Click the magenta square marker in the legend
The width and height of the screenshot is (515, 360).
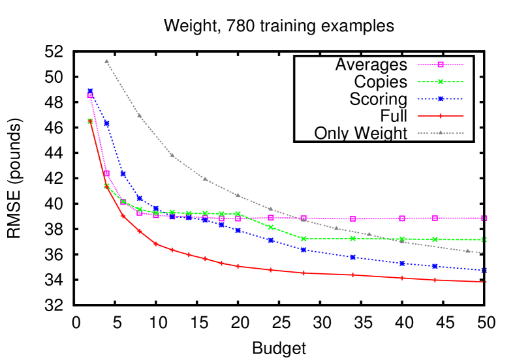441,65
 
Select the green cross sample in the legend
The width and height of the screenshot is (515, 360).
441,82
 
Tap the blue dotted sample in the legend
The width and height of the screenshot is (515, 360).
441,99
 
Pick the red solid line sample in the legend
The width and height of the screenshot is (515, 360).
441,116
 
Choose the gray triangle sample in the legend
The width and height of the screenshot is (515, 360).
441,133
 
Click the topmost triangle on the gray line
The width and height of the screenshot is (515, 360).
106,61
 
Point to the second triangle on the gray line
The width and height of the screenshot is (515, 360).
139,115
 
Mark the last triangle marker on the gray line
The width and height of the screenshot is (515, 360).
467,250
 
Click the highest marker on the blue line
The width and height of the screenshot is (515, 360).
90,92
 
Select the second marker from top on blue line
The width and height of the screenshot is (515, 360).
106,123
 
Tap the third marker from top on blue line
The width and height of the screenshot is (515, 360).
123,174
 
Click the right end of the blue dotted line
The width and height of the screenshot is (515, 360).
484,270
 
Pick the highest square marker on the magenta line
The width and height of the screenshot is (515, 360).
90,96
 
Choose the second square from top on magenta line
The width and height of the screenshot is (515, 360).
107,173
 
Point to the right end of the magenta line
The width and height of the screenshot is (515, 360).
484,218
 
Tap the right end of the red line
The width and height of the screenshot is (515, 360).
484,282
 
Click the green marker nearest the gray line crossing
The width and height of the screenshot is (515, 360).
402,239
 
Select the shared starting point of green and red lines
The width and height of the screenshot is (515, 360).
90,121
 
